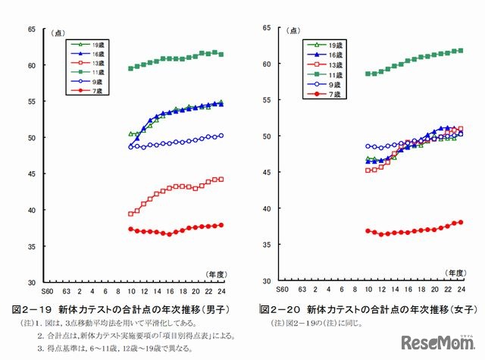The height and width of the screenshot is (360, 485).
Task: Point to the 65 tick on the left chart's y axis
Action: [x=31, y=29]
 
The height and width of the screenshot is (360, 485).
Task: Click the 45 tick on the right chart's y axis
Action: [x=267, y=172]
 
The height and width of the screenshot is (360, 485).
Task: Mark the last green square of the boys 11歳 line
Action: [x=221, y=54]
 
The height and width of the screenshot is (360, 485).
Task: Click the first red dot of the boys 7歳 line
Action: [x=130, y=229]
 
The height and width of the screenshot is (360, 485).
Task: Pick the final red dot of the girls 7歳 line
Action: [x=460, y=222]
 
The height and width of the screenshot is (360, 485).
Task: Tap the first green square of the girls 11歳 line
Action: [x=368, y=74]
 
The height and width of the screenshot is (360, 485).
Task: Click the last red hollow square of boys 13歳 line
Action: [x=221, y=179]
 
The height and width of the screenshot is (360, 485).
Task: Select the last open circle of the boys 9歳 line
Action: [x=221, y=136]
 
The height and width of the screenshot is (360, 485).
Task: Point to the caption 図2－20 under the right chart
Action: [x=282, y=310]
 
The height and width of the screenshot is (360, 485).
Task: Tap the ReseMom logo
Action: [x=436, y=341]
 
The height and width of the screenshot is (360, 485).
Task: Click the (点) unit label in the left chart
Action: [x=58, y=33]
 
